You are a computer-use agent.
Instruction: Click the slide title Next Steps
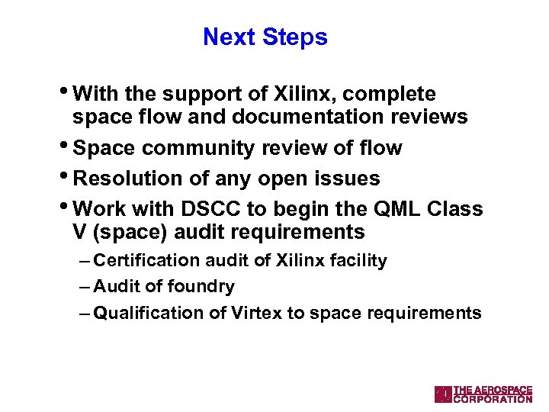point(265,37)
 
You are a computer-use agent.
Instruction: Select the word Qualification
point(141,313)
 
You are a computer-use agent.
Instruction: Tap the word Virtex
point(256,313)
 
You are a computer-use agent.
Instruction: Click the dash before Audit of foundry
point(84,287)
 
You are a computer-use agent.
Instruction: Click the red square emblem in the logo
point(443,394)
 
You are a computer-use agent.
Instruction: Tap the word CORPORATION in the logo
point(493,398)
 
